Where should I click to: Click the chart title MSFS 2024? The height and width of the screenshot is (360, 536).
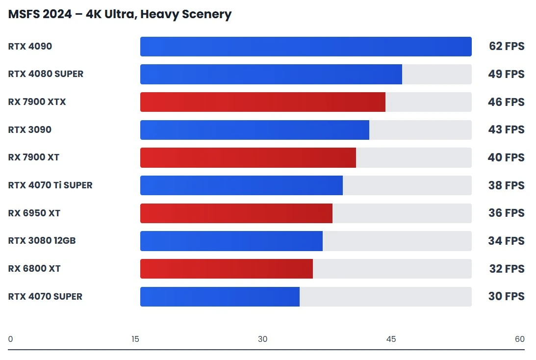click(x=120, y=14)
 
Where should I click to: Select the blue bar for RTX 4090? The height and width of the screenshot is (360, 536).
click(x=306, y=47)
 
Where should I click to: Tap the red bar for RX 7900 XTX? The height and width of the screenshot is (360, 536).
click(x=262, y=102)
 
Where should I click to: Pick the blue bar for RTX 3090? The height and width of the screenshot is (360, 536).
click(x=255, y=130)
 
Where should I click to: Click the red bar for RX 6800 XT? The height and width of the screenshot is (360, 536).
click(x=226, y=269)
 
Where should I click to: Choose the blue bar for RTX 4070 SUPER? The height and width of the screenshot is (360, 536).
click(x=220, y=297)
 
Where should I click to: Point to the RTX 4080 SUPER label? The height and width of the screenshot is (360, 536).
click(x=46, y=74)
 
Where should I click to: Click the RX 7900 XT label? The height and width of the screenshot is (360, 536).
click(x=33, y=157)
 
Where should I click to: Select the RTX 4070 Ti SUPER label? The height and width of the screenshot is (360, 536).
click(x=50, y=185)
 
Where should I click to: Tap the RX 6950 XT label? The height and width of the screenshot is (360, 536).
click(x=34, y=213)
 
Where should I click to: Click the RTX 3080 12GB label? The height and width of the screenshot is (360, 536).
click(x=42, y=241)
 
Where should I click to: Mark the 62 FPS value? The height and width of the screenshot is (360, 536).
click(x=506, y=47)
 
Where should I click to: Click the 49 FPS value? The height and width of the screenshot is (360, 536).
click(x=506, y=74)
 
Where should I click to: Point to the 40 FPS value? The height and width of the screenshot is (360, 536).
click(x=506, y=157)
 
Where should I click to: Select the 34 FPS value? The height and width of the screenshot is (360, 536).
click(x=506, y=241)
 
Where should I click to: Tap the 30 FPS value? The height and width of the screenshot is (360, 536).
click(x=506, y=297)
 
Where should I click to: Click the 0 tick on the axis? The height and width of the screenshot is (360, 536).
click(x=10, y=339)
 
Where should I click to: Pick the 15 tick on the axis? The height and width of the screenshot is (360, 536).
click(x=135, y=339)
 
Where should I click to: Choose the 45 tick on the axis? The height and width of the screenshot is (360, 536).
click(x=391, y=339)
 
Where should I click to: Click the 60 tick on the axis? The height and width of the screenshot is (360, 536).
click(x=519, y=339)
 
